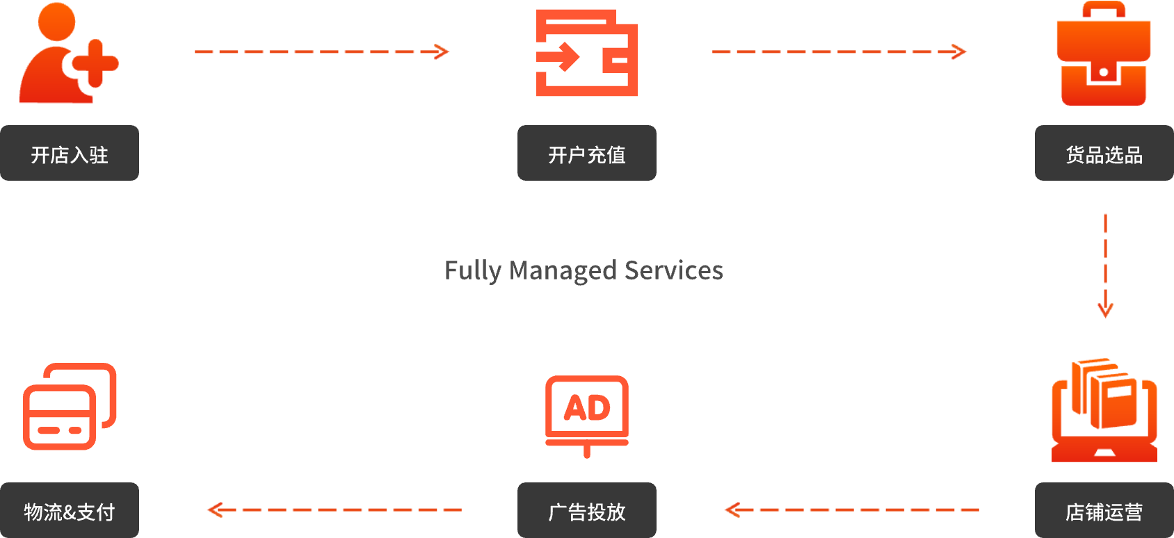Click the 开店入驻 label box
pyautogui.click(x=70, y=154)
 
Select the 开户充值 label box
pyautogui.click(x=586, y=154)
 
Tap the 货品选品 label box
pyautogui.click(x=1104, y=154)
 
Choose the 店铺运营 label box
pyautogui.click(x=1104, y=511)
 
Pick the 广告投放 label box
pyautogui.click(x=586, y=511)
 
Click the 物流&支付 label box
pyautogui.click(x=70, y=511)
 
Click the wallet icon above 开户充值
pyautogui.click(x=586, y=53)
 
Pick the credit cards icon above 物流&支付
pyautogui.click(x=70, y=407)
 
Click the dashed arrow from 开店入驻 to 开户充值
pyautogui.click(x=322, y=51)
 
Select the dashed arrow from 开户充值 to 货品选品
pyautogui.click(x=839, y=51)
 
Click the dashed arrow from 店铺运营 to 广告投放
pyautogui.click(x=851, y=510)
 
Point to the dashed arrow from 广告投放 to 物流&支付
pyautogui.click(x=334, y=510)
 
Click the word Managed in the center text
pyautogui.click(x=563, y=270)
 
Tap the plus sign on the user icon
pyautogui.click(x=95, y=63)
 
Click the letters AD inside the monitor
pyautogui.click(x=587, y=408)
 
